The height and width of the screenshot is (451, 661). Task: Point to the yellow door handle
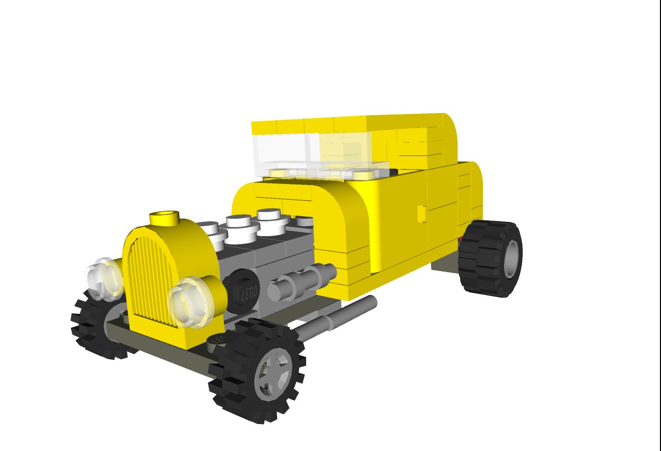(x=422, y=213)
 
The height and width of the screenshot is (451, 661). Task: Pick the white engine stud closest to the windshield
(x=272, y=218)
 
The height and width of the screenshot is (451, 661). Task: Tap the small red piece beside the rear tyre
(x=460, y=239)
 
